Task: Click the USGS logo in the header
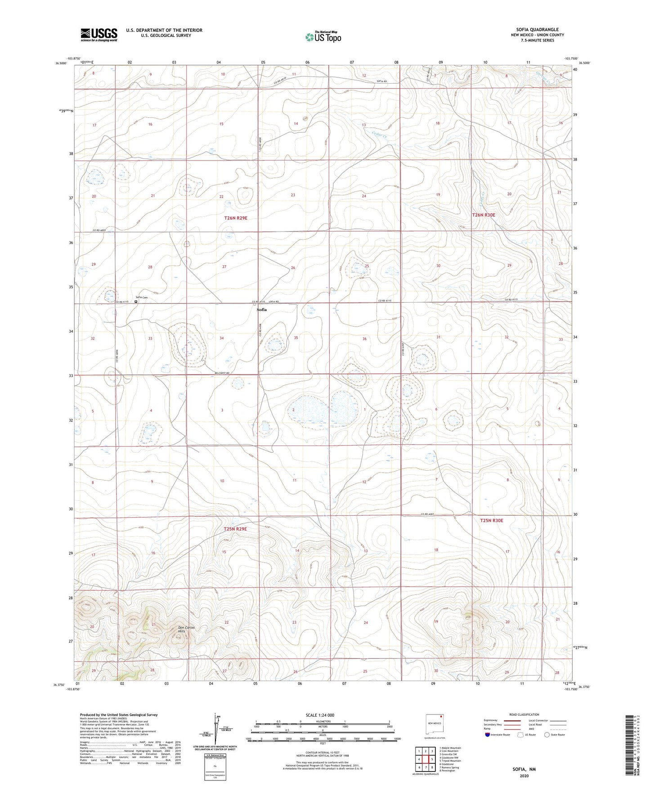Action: (x=99, y=34)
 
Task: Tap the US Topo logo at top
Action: (x=323, y=37)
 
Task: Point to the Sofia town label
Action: (x=261, y=310)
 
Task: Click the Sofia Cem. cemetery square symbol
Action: (x=136, y=302)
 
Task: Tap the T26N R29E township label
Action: (x=236, y=218)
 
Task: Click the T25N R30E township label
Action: (x=491, y=520)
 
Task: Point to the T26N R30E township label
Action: (x=484, y=215)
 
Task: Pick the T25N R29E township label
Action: (x=235, y=529)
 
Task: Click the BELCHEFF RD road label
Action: (x=222, y=373)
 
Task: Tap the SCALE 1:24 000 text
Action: (x=320, y=715)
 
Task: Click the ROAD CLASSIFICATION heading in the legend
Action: (x=524, y=714)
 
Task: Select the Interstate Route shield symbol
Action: (x=488, y=735)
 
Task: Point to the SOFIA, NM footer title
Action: (x=524, y=769)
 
